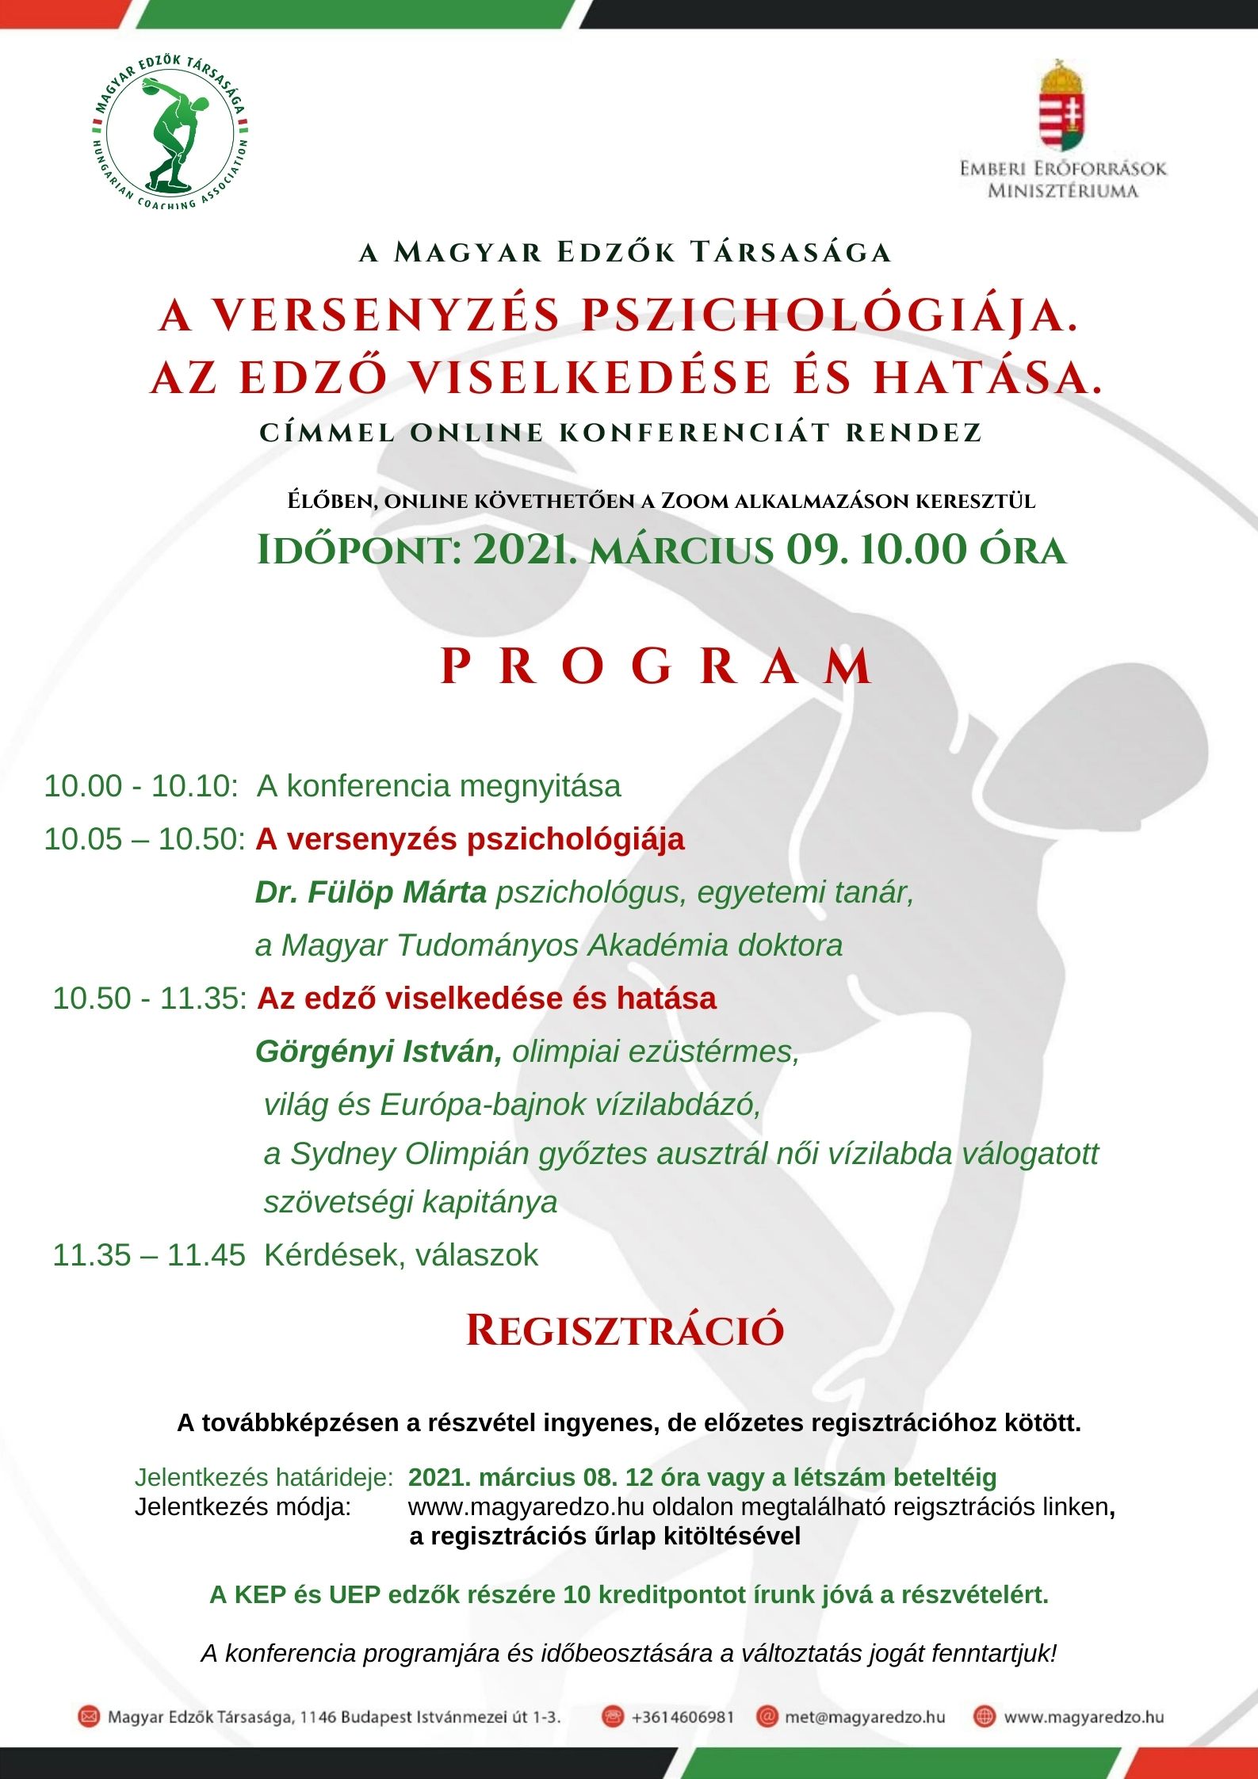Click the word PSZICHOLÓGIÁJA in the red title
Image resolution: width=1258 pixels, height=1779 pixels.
coord(830,315)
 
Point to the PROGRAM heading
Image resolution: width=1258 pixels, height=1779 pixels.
coord(656,666)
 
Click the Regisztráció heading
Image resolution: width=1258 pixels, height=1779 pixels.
coord(625,1330)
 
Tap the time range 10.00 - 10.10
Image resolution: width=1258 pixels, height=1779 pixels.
coord(140,786)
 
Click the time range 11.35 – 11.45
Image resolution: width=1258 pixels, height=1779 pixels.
coord(149,1255)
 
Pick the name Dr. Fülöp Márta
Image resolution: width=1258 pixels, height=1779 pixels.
coord(370,892)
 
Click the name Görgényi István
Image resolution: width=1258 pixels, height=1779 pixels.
coord(378,1052)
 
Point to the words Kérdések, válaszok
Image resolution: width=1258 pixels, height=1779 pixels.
coord(401,1255)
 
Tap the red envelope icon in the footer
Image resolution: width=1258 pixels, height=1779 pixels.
coord(89,1717)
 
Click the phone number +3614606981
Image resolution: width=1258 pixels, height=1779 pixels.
coord(683,1717)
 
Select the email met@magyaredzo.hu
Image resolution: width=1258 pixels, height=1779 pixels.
coord(865,1717)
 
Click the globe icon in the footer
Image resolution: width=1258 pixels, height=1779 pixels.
coord(984,1717)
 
